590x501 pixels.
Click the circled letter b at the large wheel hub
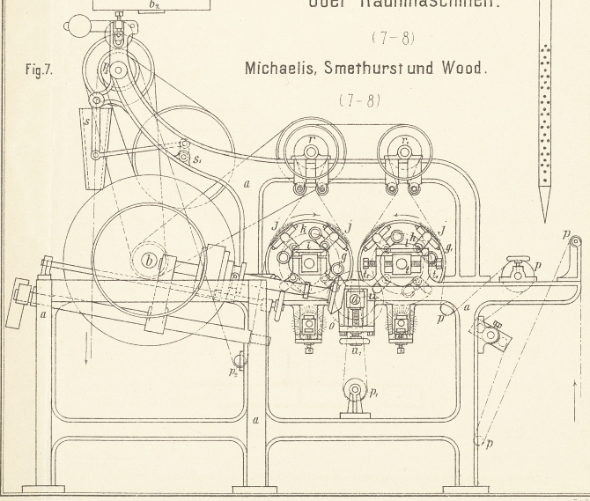coord(149,260)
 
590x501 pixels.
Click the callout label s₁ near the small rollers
coord(199,160)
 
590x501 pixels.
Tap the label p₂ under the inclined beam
coord(233,373)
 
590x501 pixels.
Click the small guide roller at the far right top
coord(573,239)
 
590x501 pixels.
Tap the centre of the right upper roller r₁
coord(404,152)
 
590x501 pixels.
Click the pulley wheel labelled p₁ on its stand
coord(356,390)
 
